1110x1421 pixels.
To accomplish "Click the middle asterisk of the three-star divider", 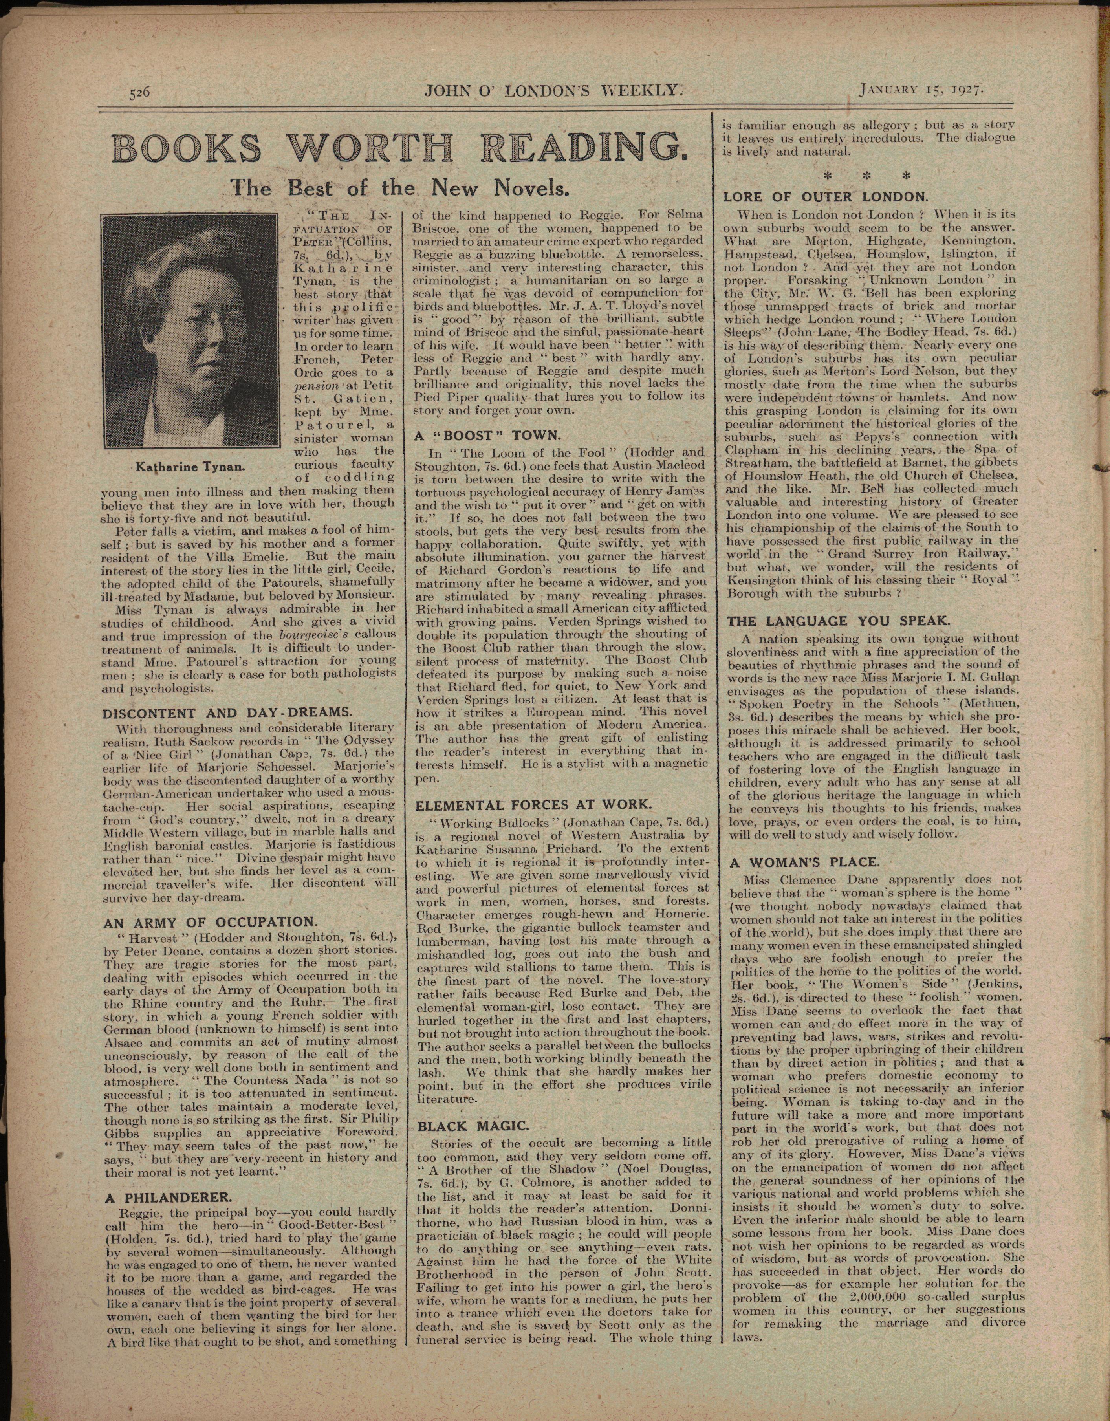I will [x=866, y=176].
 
